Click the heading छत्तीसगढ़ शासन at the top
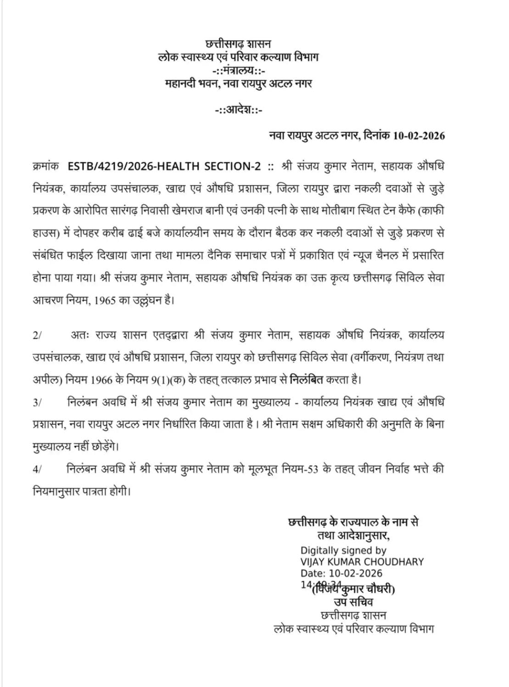[x=238, y=44]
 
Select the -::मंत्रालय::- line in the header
[x=238, y=71]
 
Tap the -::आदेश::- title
[x=238, y=110]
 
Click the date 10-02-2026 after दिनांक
[x=419, y=136]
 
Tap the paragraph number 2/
[x=37, y=335]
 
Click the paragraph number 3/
[x=37, y=402]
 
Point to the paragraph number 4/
[x=37, y=469]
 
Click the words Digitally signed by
[x=343, y=550]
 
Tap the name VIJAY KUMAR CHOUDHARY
[x=362, y=562]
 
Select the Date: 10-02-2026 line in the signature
[x=341, y=573]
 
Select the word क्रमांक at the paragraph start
[x=46, y=167]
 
